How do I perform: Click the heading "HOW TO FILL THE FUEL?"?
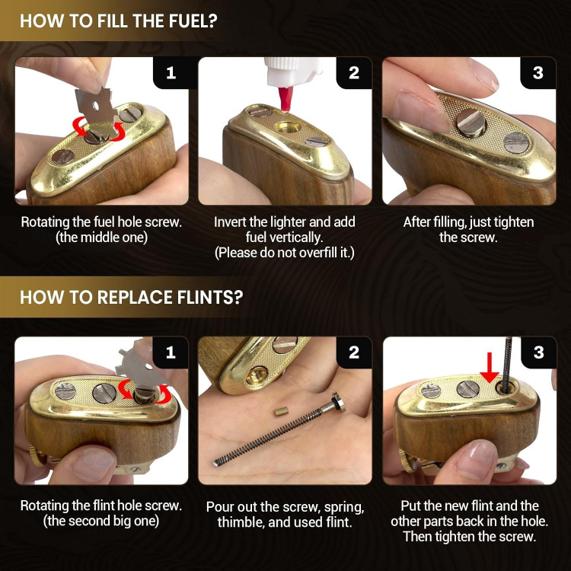click(x=118, y=21)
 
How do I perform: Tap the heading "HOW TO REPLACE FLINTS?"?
click(x=132, y=297)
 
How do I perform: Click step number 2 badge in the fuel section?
click(x=354, y=73)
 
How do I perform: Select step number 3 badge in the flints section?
click(x=538, y=352)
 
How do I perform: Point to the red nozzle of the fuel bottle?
click(x=285, y=99)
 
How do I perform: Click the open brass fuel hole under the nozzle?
click(x=288, y=127)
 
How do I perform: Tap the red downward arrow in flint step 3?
click(x=489, y=368)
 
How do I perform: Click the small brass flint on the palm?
click(x=281, y=411)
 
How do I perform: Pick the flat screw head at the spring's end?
click(x=338, y=402)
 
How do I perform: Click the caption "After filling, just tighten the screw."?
click(x=468, y=229)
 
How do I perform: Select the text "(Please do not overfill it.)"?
click(x=285, y=252)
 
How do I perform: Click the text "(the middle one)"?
click(x=101, y=238)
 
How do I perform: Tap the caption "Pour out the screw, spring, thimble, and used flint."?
click(x=285, y=514)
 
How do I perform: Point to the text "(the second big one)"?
click(x=101, y=521)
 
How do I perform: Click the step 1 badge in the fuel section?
click(x=171, y=73)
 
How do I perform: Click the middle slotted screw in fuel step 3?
click(x=471, y=123)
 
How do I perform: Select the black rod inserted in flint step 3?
click(x=506, y=364)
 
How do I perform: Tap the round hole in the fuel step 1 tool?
click(x=96, y=107)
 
